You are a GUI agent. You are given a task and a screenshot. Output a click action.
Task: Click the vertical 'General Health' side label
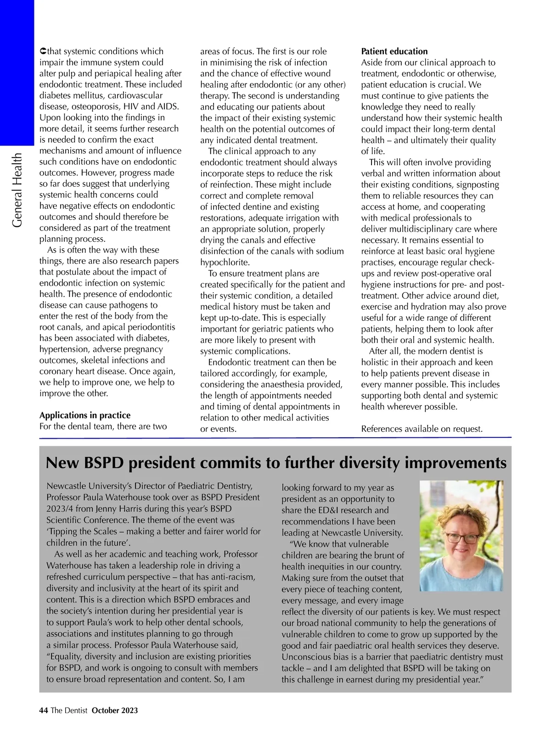[17, 190]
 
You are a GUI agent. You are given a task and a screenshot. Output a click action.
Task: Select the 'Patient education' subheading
[394, 51]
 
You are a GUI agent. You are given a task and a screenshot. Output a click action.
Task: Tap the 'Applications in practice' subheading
[85, 415]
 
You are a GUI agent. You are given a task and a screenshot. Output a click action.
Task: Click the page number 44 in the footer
[44, 710]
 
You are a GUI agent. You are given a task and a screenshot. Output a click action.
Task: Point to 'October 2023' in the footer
[115, 710]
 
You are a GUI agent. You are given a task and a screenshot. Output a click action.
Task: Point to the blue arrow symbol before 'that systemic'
[43, 51]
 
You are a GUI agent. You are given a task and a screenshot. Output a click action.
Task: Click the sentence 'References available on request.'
[422, 429]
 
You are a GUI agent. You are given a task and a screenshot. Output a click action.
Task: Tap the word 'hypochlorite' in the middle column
[225, 262]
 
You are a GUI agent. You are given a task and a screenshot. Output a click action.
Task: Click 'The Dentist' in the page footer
[69, 710]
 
